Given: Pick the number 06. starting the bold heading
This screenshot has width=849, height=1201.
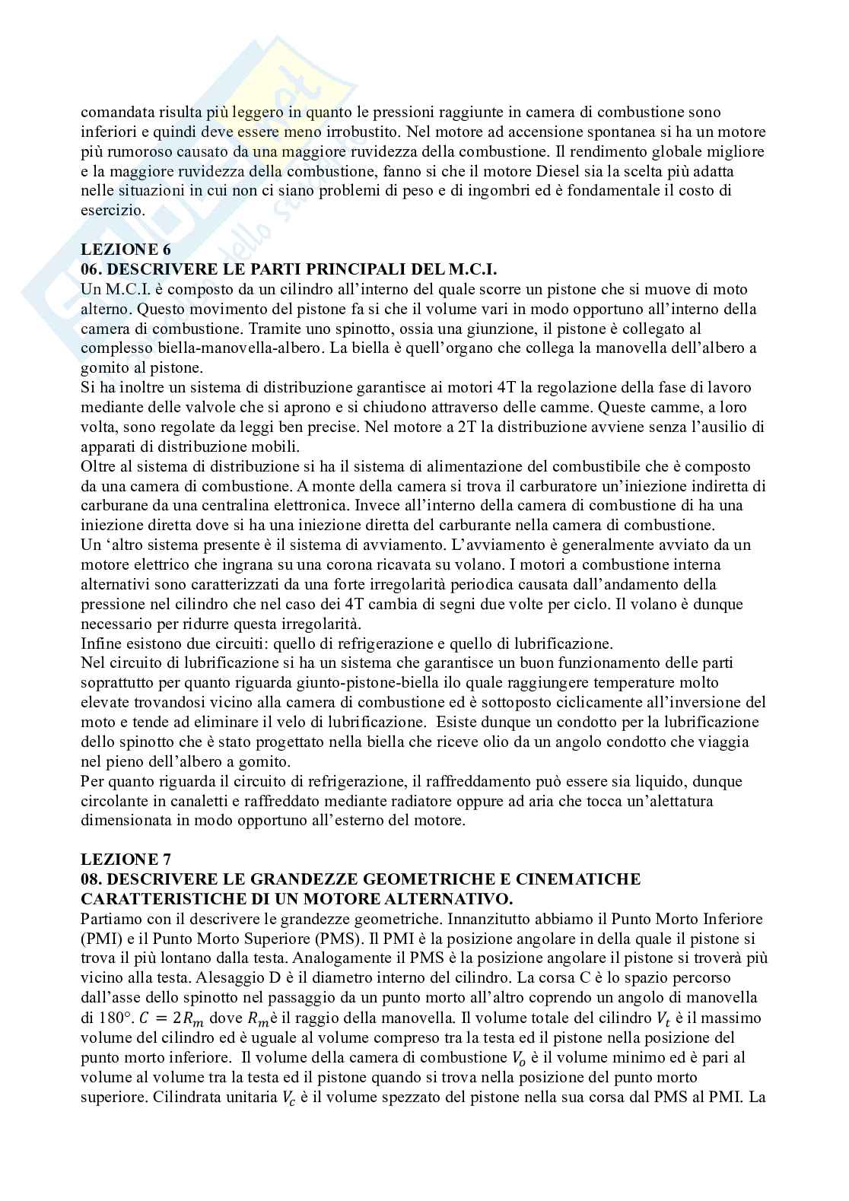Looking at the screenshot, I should tap(94, 270).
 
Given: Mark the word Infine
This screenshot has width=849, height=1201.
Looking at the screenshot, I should tap(100, 643).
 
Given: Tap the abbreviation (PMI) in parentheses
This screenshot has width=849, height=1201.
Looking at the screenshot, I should tap(101, 939).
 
